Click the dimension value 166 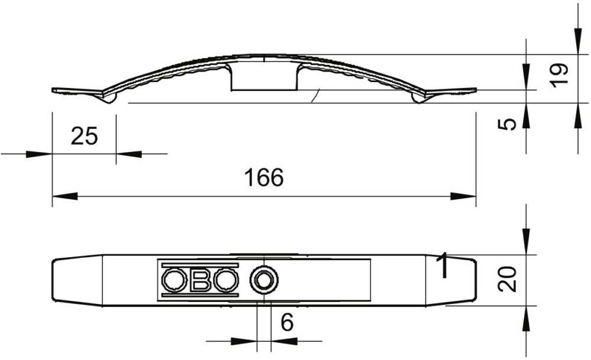(x=264, y=177)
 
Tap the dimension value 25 (x=84, y=136)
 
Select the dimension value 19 (x=559, y=76)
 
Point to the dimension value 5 (x=507, y=124)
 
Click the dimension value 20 (x=507, y=279)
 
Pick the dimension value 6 (x=287, y=322)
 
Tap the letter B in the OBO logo (x=200, y=280)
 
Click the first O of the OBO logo (x=174, y=280)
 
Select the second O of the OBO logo (x=226, y=280)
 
